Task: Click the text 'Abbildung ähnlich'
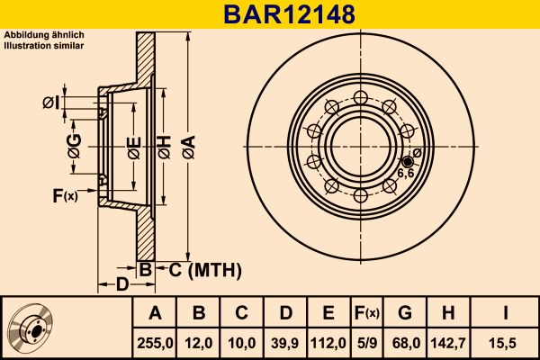(44, 35)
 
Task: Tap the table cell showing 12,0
(200, 342)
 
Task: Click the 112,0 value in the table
(328, 342)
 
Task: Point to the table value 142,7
(447, 342)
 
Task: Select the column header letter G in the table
(404, 313)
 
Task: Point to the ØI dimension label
(51, 103)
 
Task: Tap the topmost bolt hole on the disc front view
(360, 98)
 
